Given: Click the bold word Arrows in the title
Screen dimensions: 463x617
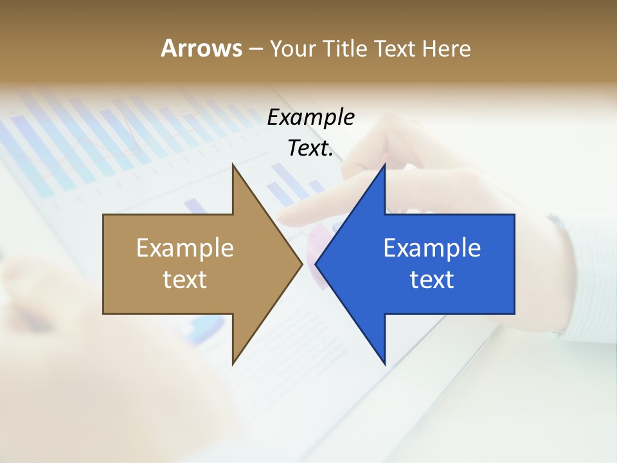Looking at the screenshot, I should pos(201,48).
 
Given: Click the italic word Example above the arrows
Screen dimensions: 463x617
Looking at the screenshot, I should pos(310,118).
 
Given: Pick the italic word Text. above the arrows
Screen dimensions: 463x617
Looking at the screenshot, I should pos(310,149).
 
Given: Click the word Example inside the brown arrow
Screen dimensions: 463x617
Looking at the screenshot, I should pos(185,248).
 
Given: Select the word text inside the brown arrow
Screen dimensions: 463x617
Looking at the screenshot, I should pos(185,280).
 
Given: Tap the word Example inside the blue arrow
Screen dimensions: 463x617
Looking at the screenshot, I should pos(432,248).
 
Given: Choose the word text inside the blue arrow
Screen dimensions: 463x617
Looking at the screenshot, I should pos(432,280).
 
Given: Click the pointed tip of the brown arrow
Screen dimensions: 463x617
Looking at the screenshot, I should pos(302,264).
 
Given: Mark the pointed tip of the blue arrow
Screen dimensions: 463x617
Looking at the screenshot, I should pos(316,264).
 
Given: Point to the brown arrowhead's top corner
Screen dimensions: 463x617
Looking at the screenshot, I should pos(233,165).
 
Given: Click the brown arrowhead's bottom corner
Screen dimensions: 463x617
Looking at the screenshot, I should pos(233,364).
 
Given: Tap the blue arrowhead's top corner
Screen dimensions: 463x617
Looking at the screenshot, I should pos(384,165).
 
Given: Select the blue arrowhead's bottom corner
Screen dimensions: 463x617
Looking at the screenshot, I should pos(384,364).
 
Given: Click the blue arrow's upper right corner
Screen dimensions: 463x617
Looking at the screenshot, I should pos(514,215).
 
